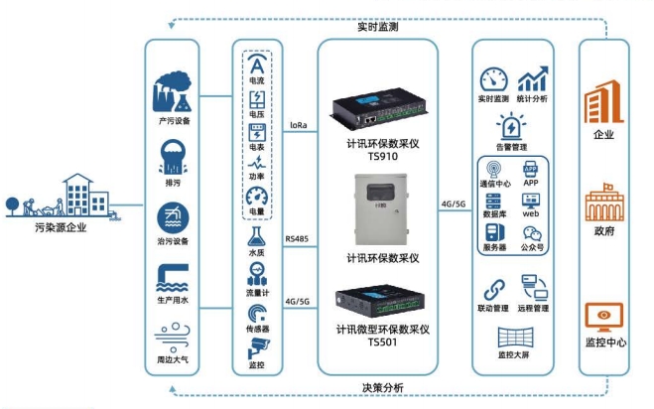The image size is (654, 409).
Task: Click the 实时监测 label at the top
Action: click(377, 27)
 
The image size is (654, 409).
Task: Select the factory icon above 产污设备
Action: click(173, 95)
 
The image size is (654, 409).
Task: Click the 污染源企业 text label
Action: click(59, 227)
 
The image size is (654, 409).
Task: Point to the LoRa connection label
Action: click(297, 126)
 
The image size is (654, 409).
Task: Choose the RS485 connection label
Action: click(297, 239)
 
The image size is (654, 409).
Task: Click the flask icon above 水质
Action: click(257, 236)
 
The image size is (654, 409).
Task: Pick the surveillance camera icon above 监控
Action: click(257, 348)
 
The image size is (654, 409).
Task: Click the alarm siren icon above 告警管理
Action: click(512, 127)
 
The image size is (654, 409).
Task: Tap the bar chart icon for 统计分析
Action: click(536, 78)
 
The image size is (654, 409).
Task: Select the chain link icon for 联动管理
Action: click(493, 289)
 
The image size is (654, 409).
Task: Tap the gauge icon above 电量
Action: click(257, 195)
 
